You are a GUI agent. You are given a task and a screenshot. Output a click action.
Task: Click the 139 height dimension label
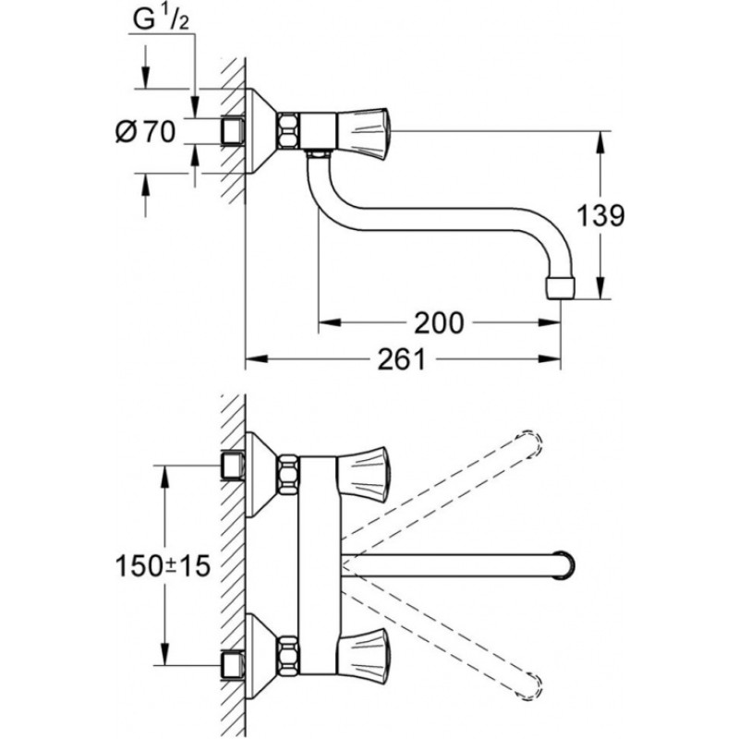coord(600,216)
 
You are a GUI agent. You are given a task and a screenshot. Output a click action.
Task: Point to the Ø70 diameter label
coord(146,133)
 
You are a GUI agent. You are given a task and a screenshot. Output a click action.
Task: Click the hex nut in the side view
coord(289,129)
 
